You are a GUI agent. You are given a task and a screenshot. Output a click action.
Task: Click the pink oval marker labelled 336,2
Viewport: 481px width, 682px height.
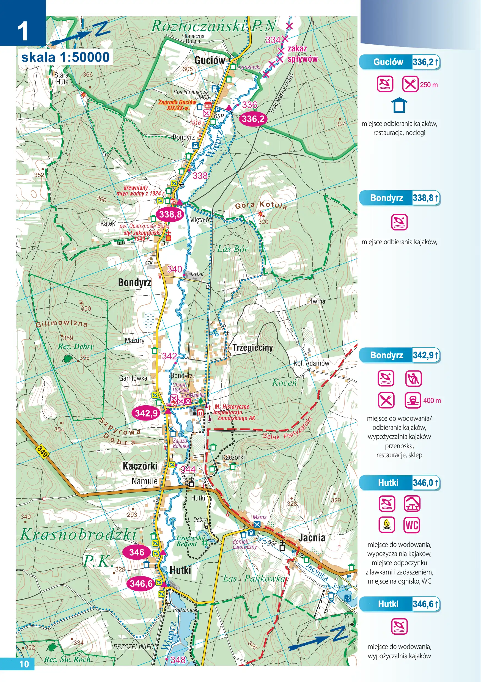pyautogui.click(x=252, y=119)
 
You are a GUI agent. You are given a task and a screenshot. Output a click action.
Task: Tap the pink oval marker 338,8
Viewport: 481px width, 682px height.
pyautogui.click(x=170, y=214)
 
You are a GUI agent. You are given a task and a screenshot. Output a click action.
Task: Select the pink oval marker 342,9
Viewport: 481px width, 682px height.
pyautogui.click(x=146, y=413)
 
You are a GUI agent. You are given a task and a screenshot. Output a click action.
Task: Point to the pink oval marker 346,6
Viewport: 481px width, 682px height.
pyautogui.click(x=141, y=583)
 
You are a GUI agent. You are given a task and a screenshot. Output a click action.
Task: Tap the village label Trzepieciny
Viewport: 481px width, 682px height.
pyautogui.click(x=252, y=348)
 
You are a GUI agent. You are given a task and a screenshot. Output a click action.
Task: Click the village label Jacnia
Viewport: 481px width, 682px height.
pyautogui.click(x=312, y=537)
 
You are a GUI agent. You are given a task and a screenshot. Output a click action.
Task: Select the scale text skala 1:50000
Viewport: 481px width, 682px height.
pyautogui.click(x=65, y=57)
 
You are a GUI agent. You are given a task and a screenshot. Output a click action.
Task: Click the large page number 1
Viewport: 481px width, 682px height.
pyautogui.click(x=23, y=31)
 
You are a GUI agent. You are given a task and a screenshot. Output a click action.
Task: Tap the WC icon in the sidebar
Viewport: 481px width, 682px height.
pyautogui.click(x=412, y=525)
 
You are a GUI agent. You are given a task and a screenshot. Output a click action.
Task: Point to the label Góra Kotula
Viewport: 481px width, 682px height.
pyautogui.click(x=261, y=205)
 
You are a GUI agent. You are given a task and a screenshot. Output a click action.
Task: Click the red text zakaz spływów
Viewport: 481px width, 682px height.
pyautogui.click(x=302, y=54)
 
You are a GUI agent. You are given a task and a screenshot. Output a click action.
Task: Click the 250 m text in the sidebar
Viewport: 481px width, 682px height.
pyautogui.click(x=429, y=85)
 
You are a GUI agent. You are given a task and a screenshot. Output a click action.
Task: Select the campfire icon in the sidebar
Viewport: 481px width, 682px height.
pyautogui.click(x=386, y=525)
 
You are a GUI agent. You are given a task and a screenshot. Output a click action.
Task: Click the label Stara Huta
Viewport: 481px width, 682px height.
pyautogui.click(x=62, y=78)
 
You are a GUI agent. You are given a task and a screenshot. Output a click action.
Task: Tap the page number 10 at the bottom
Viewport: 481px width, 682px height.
pyautogui.click(x=24, y=664)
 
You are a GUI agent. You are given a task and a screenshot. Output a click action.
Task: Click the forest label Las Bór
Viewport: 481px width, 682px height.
pyautogui.click(x=232, y=249)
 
